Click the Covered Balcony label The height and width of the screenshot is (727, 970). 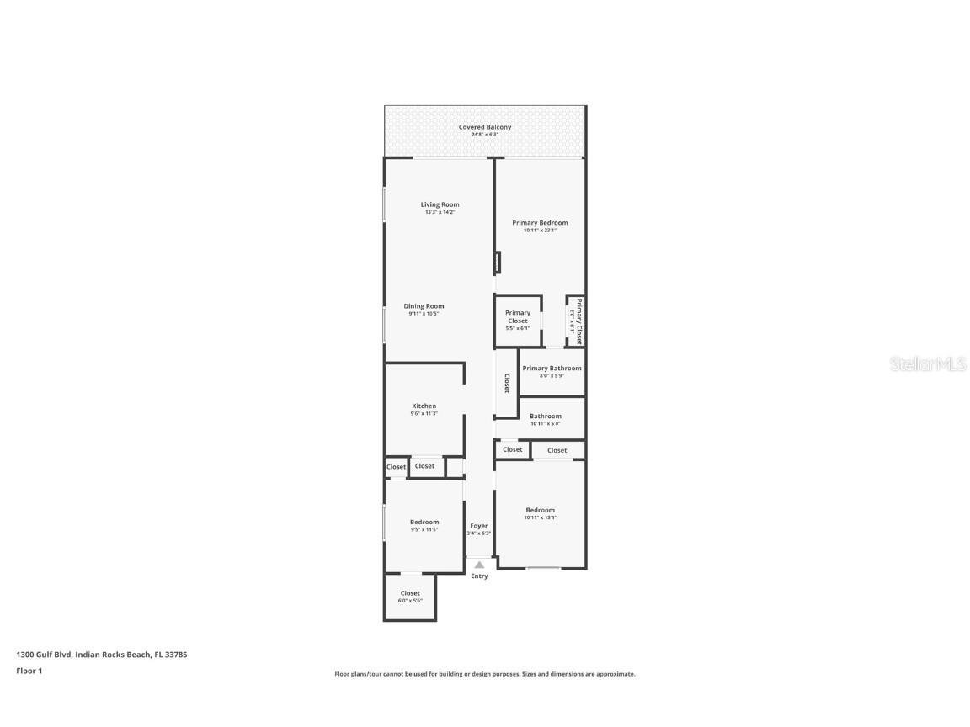coord(484,127)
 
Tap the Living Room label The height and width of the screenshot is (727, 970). coord(440,204)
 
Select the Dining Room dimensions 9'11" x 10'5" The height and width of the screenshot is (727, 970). coord(424,314)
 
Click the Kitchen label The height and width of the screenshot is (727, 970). coord(424,406)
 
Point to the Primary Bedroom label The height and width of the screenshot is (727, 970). coord(540,223)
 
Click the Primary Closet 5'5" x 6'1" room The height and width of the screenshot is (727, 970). coord(517,320)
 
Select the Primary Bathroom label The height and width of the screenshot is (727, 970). coord(552,369)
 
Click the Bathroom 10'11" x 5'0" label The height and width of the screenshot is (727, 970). coord(545,417)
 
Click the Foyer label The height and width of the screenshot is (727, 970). coord(478,526)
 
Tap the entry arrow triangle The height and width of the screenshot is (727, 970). coord(479,565)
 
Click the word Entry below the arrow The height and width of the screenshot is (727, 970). coord(479,576)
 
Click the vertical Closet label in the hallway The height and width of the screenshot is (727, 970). coord(506,384)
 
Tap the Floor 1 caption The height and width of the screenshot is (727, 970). coord(29,671)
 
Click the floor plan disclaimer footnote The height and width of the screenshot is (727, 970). coord(485,674)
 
